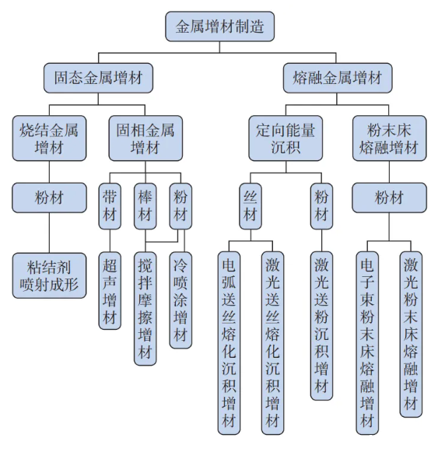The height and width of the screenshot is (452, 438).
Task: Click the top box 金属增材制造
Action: coord(219,26)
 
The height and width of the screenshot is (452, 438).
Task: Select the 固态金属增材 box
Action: coord(98,78)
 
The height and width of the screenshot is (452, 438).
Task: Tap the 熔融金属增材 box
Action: coord(338,78)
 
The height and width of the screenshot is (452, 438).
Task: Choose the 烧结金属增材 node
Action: coord(49,138)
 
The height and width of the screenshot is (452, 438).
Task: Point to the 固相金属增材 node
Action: coord(145,138)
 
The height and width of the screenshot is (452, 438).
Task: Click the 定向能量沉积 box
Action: coord(286,138)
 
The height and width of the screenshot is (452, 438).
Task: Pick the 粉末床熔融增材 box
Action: coord(389,138)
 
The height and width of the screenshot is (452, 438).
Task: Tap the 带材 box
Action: coord(110,206)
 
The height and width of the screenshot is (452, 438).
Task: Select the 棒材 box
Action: coord(145,206)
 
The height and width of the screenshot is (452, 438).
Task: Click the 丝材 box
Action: coord(251,206)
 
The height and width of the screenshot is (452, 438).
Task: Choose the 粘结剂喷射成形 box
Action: coord(49,275)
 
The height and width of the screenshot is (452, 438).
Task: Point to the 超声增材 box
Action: coord(110,291)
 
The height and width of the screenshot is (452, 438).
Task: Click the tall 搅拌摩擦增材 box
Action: coord(145,308)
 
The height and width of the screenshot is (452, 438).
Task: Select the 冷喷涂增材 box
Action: coord(180,300)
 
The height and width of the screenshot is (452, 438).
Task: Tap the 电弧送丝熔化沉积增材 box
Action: coord(229,343)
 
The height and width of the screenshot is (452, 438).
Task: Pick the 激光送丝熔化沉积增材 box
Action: coord(273,343)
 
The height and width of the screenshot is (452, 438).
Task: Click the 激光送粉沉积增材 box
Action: coord(322,326)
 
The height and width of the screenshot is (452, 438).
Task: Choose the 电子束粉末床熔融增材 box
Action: coord(367,343)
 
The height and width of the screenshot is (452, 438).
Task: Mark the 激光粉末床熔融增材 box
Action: coord(411,335)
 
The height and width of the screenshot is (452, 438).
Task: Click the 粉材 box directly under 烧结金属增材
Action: coord(49,198)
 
